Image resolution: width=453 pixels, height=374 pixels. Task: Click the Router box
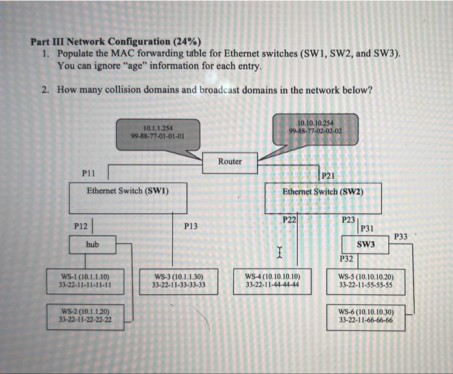coord(230,162)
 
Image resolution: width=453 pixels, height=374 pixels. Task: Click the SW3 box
coord(366,245)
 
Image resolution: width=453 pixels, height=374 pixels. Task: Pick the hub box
coord(93,245)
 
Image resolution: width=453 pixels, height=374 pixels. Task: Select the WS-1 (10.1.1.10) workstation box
coord(85,280)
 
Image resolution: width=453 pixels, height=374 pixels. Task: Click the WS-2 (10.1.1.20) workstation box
coord(85,315)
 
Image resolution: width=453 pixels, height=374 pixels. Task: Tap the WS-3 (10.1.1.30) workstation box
coord(179,280)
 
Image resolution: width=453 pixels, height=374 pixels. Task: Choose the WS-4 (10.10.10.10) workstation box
coord(272,280)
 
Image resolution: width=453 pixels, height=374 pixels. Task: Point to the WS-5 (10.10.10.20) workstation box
coord(366,280)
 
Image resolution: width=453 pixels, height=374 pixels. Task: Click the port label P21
coord(328,175)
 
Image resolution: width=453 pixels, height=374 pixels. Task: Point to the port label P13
coord(191,226)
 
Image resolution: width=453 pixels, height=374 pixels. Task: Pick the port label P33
coord(401,237)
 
